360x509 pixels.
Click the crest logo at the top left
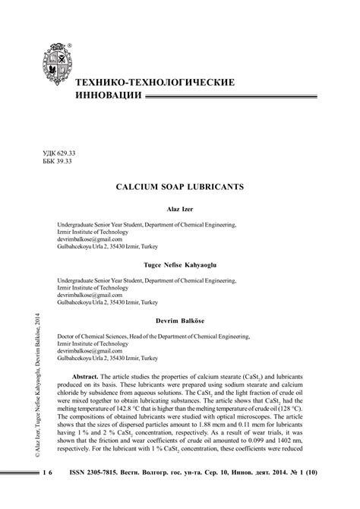[52, 67]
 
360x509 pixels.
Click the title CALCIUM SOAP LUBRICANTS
[180, 185]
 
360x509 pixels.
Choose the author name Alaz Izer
[180, 208]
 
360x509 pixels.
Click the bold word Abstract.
[90, 377]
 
